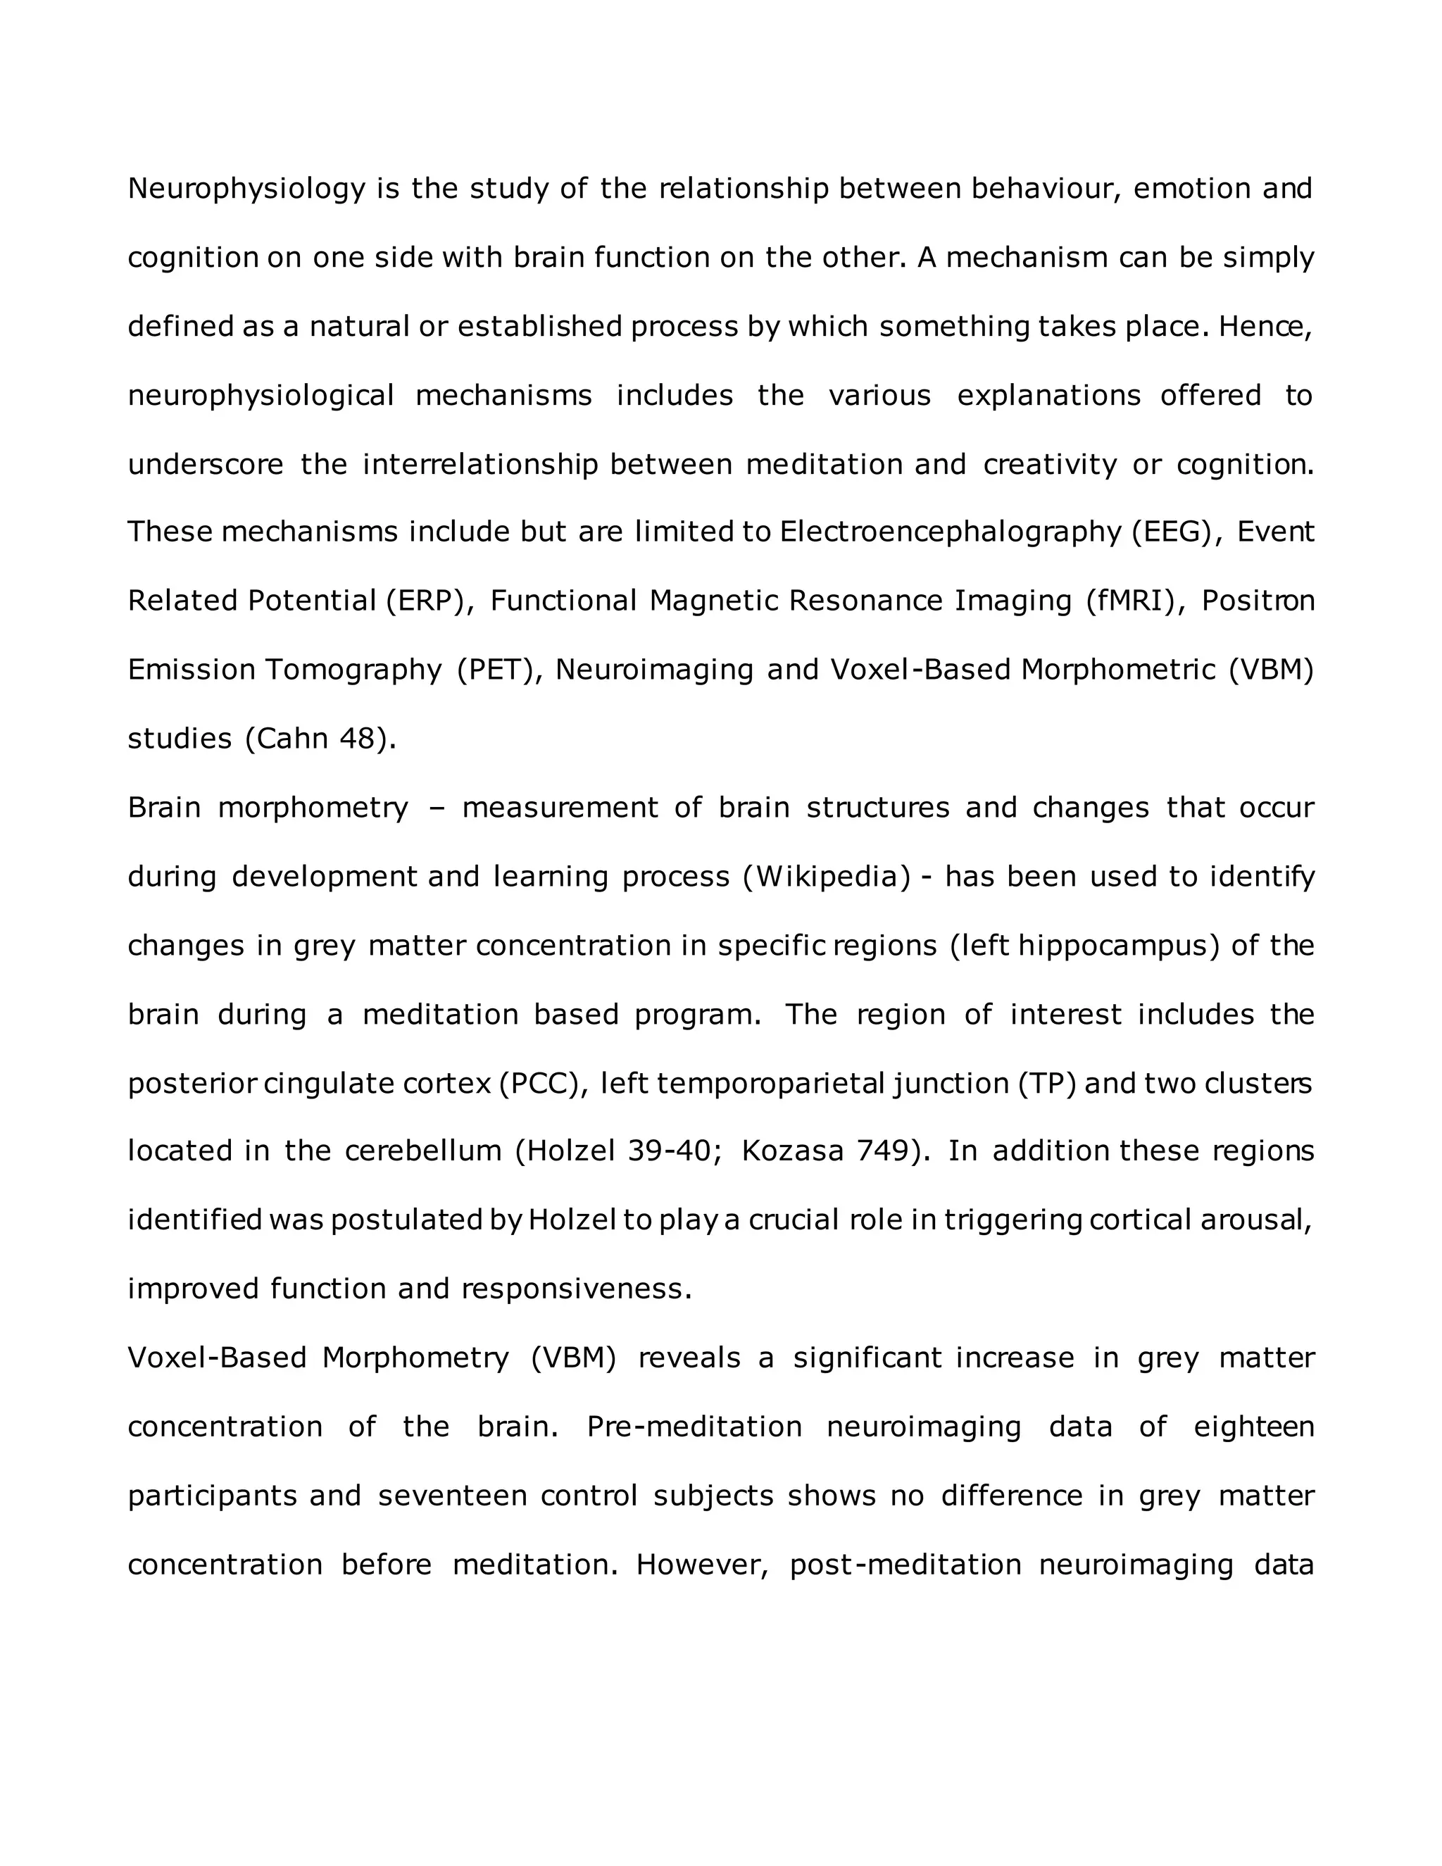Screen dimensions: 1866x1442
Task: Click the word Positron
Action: click(x=1258, y=601)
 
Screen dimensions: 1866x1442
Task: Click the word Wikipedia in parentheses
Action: click(x=827, y=877)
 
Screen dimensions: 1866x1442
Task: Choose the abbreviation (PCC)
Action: click(x=544, y=1084)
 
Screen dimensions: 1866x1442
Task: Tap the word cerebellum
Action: click(x=423, y=1152)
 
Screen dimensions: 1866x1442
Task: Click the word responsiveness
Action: click(x=576, y=1289)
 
